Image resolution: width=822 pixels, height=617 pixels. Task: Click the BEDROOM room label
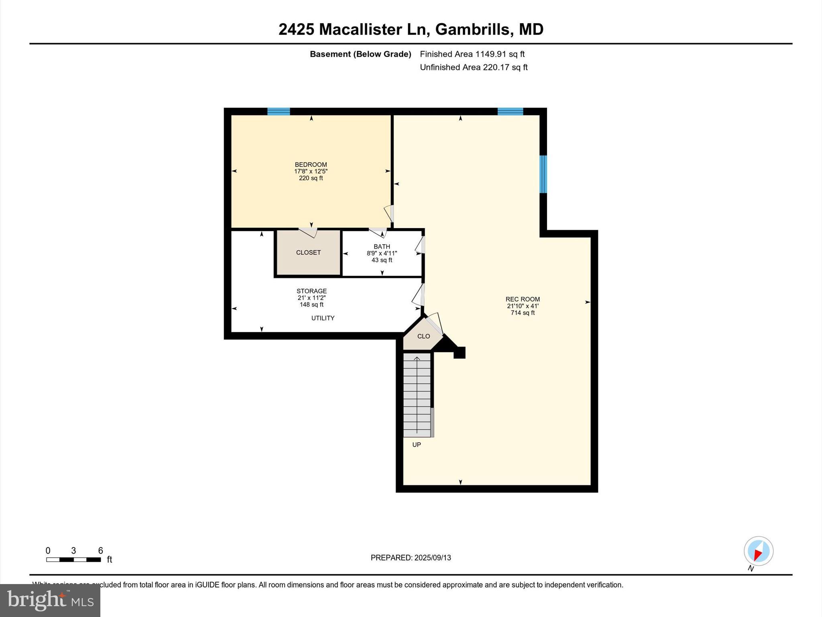(311, 165)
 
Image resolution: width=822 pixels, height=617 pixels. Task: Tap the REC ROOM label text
(523, 299)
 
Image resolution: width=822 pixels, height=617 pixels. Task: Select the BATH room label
(382, 247)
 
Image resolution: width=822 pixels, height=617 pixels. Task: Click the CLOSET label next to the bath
(308, 253)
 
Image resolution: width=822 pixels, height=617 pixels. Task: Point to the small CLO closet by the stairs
(423, 336)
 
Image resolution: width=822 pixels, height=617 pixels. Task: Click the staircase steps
(417, 395)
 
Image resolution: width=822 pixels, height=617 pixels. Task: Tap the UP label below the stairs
(417, 445)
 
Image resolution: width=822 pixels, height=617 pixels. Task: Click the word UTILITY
(323, 318)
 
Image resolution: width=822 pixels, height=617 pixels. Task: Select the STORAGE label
(311, 291)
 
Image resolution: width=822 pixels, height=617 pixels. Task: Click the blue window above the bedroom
(279, 112)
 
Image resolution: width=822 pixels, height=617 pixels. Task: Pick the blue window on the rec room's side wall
(543, 174)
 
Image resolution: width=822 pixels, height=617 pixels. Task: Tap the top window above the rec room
(510, 112)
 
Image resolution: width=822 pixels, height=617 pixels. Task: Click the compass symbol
(758, 552)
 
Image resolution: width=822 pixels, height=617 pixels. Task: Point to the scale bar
(73, 560)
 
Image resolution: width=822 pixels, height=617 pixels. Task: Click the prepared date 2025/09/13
(411, 558)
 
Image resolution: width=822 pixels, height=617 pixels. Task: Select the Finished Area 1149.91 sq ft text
(472, 54)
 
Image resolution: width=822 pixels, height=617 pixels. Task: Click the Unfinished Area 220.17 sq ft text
(474, 67)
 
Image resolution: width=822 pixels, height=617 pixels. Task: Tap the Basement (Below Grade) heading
(360, 54)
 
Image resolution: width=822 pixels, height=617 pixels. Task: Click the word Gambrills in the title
(472, 29)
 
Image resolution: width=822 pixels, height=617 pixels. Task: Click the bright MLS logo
(50, 600)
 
